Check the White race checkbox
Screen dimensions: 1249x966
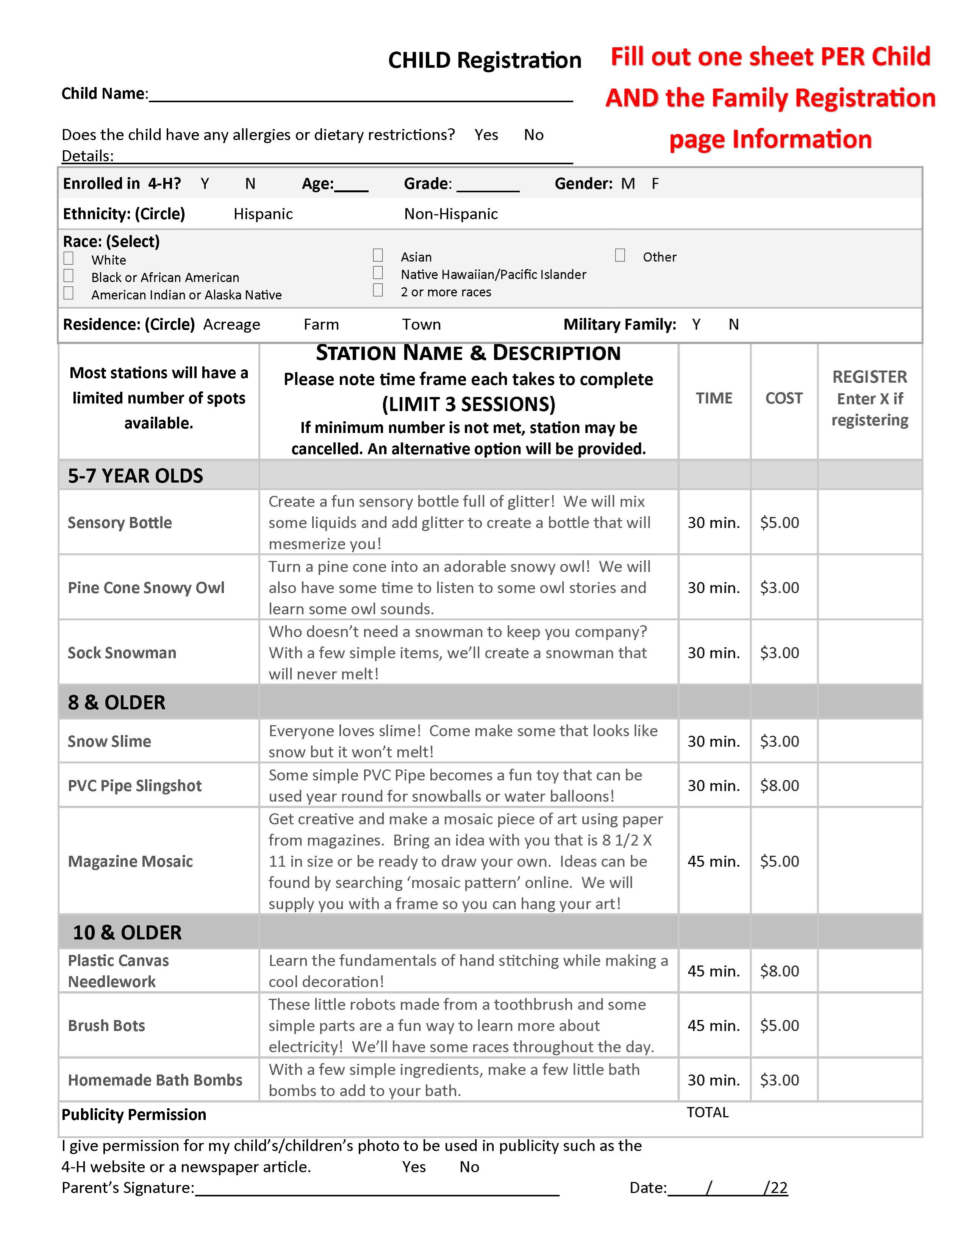pos(69,259)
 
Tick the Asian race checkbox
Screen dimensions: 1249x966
pos(378,255)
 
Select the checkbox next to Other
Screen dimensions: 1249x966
pos(620,255)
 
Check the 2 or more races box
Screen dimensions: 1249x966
pos(378,291)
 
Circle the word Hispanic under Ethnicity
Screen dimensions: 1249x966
pos(263,214)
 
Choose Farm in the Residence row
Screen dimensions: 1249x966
pos(321,325)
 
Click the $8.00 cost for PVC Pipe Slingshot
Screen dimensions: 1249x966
pos(780,786)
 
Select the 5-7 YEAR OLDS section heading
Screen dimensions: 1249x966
pos(136,476)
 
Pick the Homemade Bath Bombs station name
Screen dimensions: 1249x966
pos(155,1080)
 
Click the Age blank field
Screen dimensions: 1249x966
pos(352,185)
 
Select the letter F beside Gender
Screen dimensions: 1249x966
pos(655,184)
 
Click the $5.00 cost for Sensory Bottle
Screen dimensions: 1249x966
pos(780,523)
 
